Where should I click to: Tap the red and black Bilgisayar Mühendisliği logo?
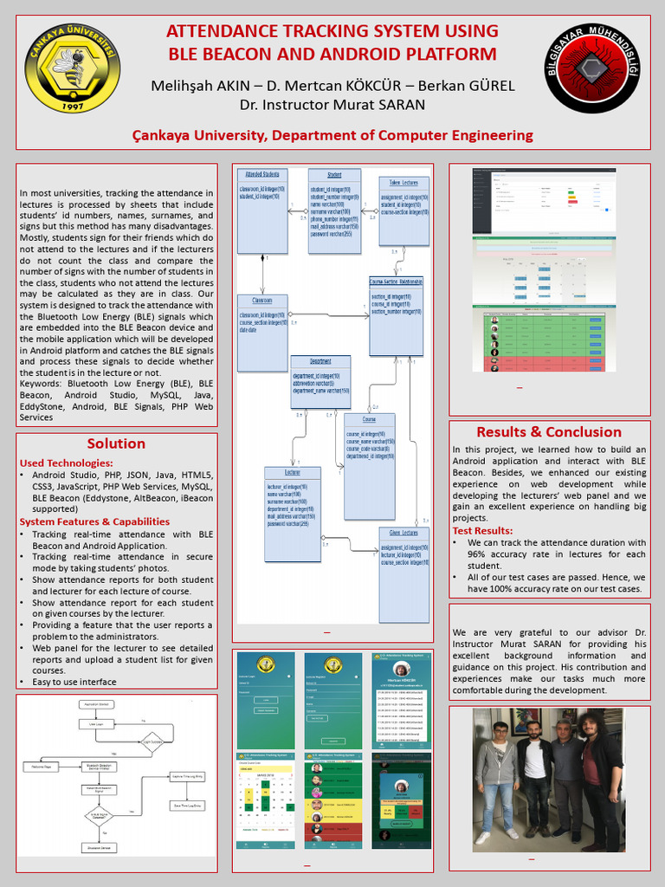(592, 68)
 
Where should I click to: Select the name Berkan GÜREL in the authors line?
(468, 86)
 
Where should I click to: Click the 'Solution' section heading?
(116, 443)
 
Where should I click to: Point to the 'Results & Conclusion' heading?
(549, 431)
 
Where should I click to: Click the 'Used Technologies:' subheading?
(66, 463)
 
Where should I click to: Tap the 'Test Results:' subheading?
(482, 530)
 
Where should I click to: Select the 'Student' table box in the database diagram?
(334, 210)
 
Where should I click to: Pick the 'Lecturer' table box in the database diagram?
(292, 514)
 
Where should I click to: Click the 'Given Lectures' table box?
(404, 573)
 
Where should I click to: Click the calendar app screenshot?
(265, 801)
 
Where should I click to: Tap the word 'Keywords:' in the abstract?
(42, 384)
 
